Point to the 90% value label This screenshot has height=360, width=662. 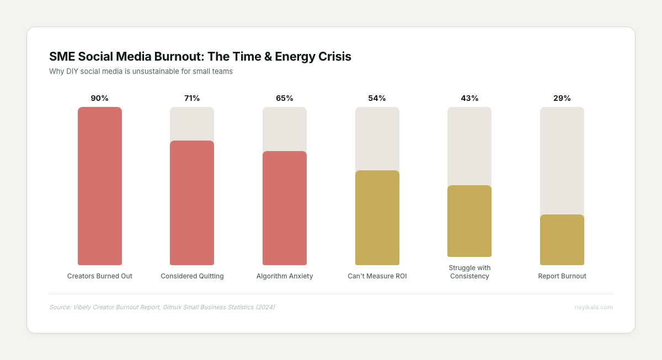pos(99,98)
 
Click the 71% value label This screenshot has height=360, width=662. pos(192,98)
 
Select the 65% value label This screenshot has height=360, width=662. pos(285,98)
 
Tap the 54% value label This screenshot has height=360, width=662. pos(377,98)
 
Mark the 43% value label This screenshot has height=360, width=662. pos(469,98)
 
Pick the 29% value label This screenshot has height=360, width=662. pos(562,98)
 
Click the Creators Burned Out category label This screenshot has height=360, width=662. pos(99,276)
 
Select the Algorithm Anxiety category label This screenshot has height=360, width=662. pos(285,276)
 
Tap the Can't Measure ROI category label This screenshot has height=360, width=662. pos(377,276)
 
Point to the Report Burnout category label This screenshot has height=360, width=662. pos(562,276)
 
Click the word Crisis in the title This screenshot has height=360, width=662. pos(334,56)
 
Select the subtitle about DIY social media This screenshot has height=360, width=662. pos(141,72)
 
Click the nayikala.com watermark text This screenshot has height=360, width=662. pos(594,307)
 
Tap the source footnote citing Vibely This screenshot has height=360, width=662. pos(162,307)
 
